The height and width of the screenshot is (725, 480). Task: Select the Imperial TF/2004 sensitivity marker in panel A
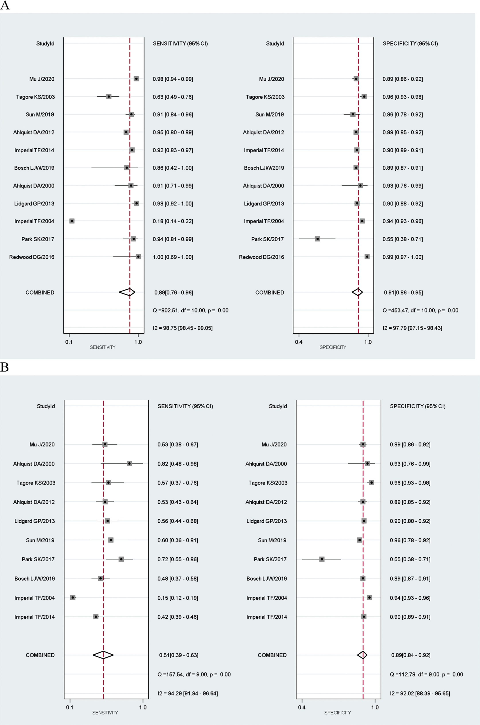coord(72,221)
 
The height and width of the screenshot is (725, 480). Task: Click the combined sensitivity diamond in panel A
coord(127,292)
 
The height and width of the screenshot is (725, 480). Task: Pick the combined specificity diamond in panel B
coord(362,655)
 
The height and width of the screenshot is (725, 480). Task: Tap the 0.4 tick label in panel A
coord(299,342)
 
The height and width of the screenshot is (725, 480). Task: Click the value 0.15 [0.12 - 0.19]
coord(178,598)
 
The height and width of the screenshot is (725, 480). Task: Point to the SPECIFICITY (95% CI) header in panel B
coord(418,406)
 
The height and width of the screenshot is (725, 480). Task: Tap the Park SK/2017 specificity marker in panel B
coord(322,559)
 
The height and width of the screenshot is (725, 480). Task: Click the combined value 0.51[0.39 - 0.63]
coord(179,655)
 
